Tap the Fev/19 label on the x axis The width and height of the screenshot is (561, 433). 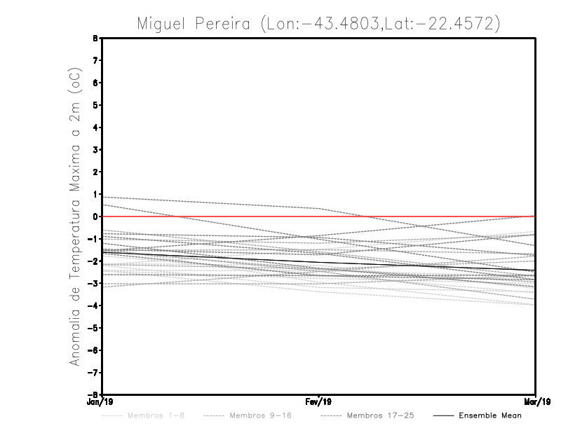(x=318, y=402)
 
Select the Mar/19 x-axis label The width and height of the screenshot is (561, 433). (x=536, y=402)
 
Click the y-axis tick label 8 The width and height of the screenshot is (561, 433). (x=95, y=39)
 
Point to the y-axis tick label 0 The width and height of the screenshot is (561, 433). (x=95, y=216)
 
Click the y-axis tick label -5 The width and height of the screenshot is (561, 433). (x=94, y=328)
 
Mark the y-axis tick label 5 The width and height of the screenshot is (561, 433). (x=95, y=105)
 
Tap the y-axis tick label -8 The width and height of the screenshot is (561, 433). (x=94, y=394)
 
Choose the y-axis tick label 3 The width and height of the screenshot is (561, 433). (x=95, y=150)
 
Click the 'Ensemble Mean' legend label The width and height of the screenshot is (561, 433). (x=490, y=415)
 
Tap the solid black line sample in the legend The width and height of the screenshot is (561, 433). (x=443, y=415)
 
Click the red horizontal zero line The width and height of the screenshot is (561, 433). (x=421, y=216)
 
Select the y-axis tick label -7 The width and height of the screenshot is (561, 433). (x=94, y=372)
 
